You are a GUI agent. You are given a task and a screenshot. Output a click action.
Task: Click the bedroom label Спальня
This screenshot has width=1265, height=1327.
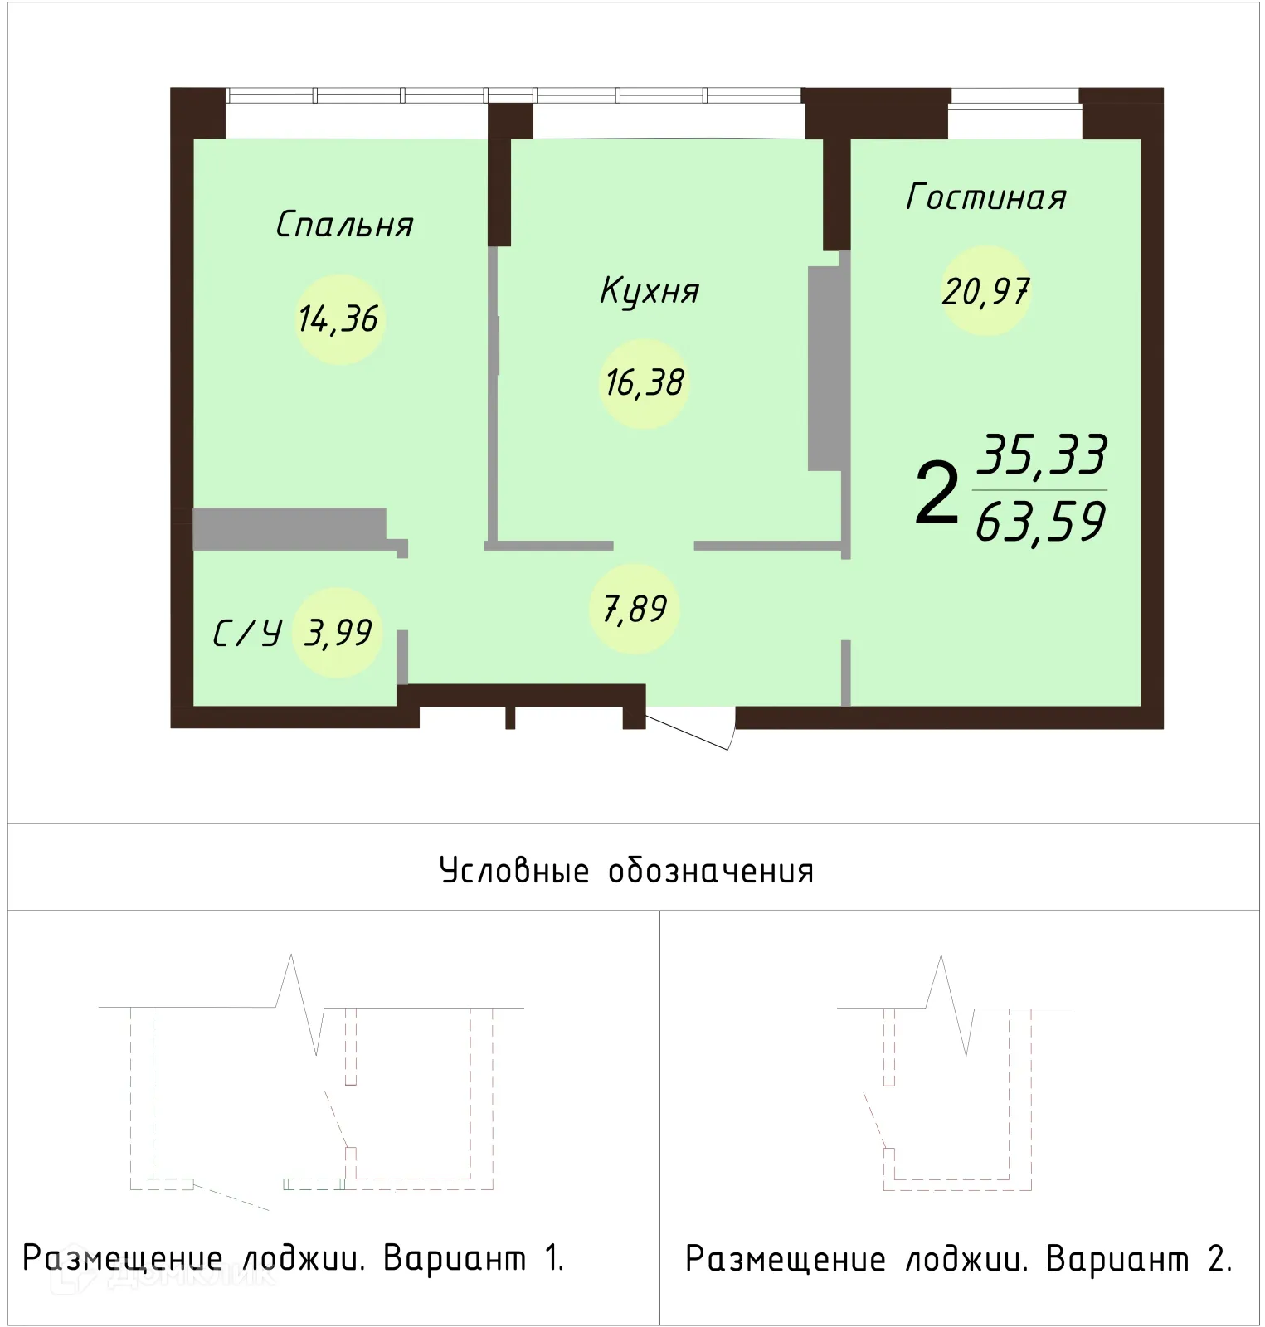click(x=344, y=225)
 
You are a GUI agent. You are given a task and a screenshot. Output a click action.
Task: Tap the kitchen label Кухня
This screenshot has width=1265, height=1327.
click(x=650, y=291)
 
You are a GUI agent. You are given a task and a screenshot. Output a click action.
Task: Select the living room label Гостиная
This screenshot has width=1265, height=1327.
click(x=985, y=197)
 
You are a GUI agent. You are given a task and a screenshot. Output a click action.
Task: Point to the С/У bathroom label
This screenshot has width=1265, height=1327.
click(x=247, y=634)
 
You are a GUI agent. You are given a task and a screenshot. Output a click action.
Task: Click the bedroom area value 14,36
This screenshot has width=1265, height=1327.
click(x=338, y=319)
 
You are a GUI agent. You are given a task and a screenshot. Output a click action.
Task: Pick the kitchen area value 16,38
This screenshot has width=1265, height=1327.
click(x=645, y=383)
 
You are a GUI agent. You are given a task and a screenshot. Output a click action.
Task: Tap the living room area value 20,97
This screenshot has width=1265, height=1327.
click(x=985, y=291)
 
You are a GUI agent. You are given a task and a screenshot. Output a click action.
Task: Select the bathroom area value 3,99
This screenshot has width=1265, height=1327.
click(x=338, y=634)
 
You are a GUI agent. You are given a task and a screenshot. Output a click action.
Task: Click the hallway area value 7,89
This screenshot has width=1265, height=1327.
click(x=635, y=610)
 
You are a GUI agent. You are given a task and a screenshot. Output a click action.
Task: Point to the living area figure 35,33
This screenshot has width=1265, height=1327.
click(x=1043, y=454)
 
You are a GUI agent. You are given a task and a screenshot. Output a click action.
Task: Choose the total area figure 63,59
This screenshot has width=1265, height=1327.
click(x=1040, y=523)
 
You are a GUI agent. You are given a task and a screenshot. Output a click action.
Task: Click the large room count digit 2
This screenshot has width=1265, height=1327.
click(x=937, y=494)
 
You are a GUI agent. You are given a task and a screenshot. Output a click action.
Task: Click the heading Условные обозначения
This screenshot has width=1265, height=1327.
click(x=626, y=871)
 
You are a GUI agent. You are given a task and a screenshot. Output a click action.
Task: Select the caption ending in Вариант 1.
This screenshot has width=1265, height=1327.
click(x=293, y=1258)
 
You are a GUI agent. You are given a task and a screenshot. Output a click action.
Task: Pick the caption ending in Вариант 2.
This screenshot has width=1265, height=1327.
click(x=958, y=1259)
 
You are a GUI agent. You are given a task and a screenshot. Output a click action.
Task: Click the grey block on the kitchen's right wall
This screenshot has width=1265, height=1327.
click(x=825, y=368)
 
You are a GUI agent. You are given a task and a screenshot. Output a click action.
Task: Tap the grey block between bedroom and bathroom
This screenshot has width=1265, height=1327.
click(x=289, y=528)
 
